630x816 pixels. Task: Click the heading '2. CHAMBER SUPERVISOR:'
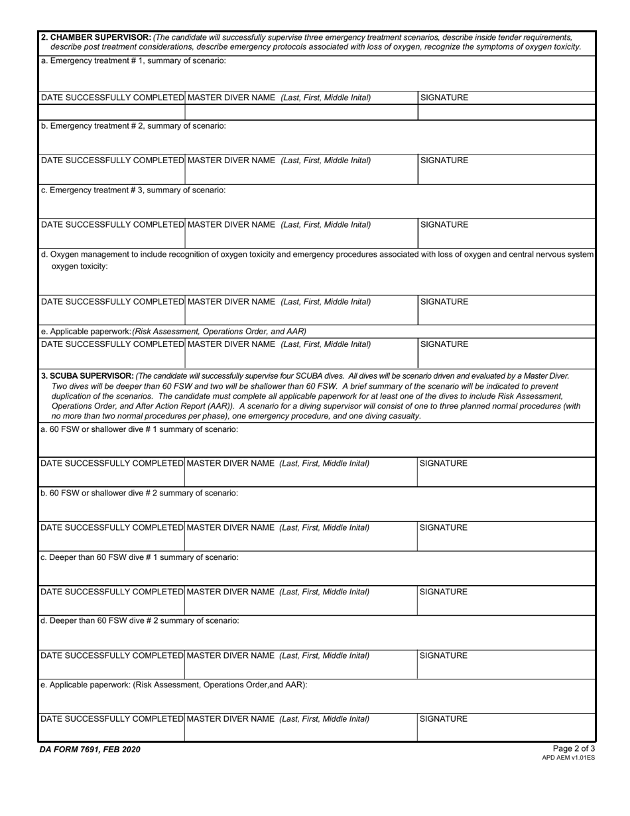96,37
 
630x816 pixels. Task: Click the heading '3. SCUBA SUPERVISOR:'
88,375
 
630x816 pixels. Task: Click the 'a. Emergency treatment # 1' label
133,61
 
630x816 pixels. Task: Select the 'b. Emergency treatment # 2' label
133,126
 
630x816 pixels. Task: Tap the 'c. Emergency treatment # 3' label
133,190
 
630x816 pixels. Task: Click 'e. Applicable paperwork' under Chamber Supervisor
173,331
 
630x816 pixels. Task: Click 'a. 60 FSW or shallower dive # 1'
139,430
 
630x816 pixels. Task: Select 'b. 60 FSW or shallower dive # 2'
139,494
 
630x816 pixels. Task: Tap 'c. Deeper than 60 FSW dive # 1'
139,558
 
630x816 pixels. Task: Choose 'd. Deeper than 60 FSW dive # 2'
139,621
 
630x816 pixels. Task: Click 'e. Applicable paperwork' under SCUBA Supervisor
174,685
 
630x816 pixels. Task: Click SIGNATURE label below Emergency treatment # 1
444,98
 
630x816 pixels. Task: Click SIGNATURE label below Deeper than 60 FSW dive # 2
444,656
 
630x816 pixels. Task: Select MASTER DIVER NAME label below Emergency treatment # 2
279,161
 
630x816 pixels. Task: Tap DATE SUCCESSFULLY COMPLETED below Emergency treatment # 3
112,225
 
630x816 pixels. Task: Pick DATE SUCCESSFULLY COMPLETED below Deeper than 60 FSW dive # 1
111,592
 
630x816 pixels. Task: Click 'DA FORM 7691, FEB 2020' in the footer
90,750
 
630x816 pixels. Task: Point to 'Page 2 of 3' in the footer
574,749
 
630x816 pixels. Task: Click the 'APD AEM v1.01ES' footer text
568,758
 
